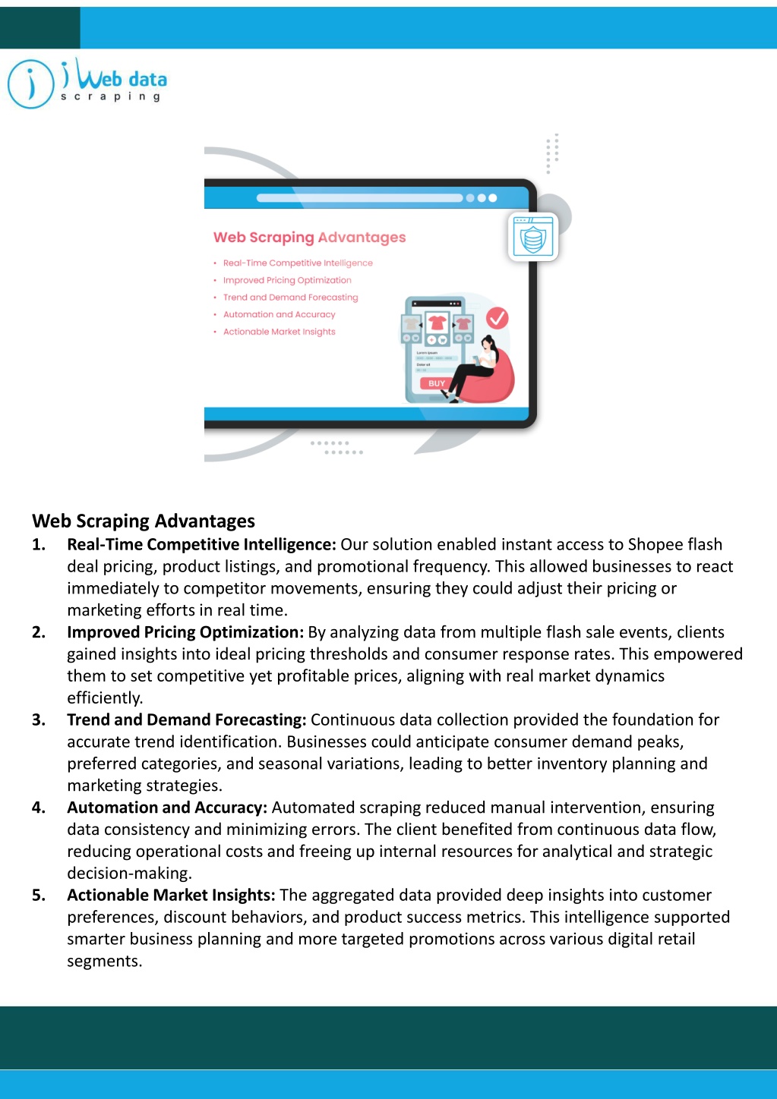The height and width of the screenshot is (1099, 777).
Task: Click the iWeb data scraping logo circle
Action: (x=30, y=83)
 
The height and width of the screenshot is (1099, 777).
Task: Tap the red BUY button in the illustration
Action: (x=436, y=383)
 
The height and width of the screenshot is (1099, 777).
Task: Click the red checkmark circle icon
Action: (x=497, y=318)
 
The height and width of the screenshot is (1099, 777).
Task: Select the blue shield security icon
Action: (x=533, y=237)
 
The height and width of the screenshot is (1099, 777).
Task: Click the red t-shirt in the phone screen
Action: (x=437, y=323)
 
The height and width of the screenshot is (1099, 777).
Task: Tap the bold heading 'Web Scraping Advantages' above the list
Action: (x=144, y=521)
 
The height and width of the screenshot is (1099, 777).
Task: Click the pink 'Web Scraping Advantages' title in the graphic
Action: (x=309, y=238)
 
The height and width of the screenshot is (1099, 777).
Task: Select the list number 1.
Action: (x=39, y=544)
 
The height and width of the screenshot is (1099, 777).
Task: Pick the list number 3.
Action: (x=39, y=720)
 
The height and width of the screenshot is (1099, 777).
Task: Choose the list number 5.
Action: (x=39, y=895)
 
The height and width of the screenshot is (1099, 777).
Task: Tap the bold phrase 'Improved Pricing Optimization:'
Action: (x=185, y=632)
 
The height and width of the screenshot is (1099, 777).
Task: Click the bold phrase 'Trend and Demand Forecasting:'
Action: (x=187, y=720)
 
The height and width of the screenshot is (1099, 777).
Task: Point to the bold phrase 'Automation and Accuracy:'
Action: (x=167, y=808)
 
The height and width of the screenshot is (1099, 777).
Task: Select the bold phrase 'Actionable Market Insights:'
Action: (x=171, y=895)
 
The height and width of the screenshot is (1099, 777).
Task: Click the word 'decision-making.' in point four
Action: (x=130, y=873)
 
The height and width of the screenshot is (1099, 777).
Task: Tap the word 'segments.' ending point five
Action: (x=105, y=961)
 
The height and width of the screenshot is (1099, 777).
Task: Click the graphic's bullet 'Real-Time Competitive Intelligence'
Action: (x=298, y=263)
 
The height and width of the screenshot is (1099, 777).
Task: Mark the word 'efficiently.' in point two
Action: (x=105, y=698)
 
